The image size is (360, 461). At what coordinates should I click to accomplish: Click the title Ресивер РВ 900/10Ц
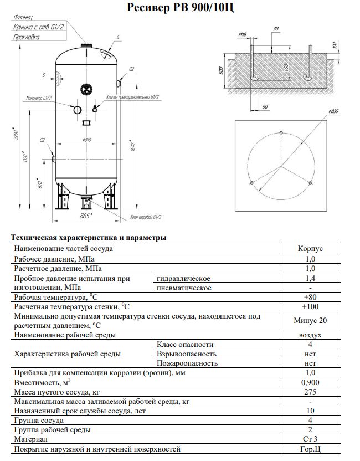pyautogui.click(x=180, y=7)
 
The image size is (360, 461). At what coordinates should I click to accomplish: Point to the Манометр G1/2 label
pyautogui.click(x=39, y=98)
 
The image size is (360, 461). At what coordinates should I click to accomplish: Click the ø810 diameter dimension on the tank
pyautogui.click(x=86, y=140)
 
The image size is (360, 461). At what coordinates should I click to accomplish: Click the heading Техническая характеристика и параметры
pyautogui.click(x=89, y=238)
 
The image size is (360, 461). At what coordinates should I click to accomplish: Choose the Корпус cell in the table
pyautogui.click(x=310, y=249)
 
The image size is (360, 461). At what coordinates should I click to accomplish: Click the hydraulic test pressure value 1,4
pyautogui.click(x=310, y=278)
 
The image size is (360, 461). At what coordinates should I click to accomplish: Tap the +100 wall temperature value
pyautogui.click(x=310, y=306)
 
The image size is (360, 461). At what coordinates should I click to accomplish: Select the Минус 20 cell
pyautogui.click(x=310, y=321)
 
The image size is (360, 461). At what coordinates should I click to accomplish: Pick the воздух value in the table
pyautogui.click(x=310, y=335)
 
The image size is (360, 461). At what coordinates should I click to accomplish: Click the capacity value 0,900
pyautogui.click(x=310, y=382)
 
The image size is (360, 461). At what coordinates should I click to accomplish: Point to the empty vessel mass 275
pyautogui.click(x=310, y=392)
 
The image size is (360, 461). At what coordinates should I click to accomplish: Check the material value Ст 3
pyautogui.click(x=310, y=439)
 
